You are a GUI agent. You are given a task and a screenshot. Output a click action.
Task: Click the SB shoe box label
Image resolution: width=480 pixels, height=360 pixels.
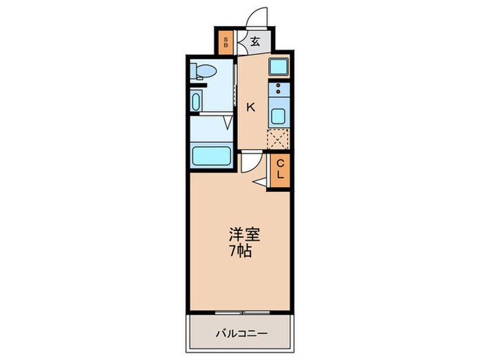(x=226, y=43)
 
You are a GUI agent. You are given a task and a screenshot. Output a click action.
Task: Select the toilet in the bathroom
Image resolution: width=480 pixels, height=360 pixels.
(x=204, y=71)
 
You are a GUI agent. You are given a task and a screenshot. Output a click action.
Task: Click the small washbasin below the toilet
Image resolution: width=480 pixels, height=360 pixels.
(x=197, y=101)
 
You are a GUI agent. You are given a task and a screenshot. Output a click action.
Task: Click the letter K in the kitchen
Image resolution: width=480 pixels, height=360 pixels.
(x=251, y=107)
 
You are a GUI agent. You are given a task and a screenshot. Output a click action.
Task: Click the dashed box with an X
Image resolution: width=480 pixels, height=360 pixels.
(x=278, y=139)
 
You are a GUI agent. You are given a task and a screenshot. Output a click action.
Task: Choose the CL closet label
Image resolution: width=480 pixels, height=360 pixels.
(x=280, y=169)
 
